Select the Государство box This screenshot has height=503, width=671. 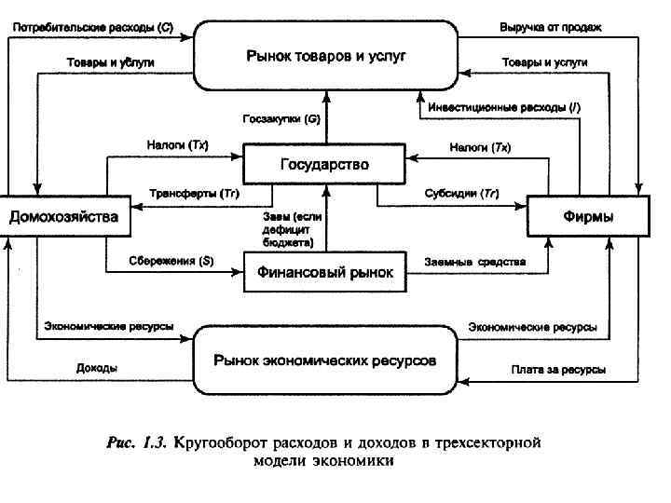click(324, 164)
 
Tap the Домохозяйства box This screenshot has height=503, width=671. click(64, 218)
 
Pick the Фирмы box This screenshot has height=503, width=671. click(588, 218)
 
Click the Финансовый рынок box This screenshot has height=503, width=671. click(325, 273)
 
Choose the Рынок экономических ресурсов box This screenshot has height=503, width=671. click(324, 360)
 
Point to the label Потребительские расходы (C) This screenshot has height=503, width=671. click(92, 28)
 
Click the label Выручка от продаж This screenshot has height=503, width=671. click(550, 28)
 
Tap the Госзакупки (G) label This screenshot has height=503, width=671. click(281, 119)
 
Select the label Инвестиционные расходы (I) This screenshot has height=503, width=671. click(504, 108)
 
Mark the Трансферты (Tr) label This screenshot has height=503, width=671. click(195, 194)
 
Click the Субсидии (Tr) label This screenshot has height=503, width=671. click(461, 194)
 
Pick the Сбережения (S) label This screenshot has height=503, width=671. click(171, 262)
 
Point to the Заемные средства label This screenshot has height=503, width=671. click(474, 262)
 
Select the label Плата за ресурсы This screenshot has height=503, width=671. click(558, 370)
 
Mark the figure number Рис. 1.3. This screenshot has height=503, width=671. click(135, 443)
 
